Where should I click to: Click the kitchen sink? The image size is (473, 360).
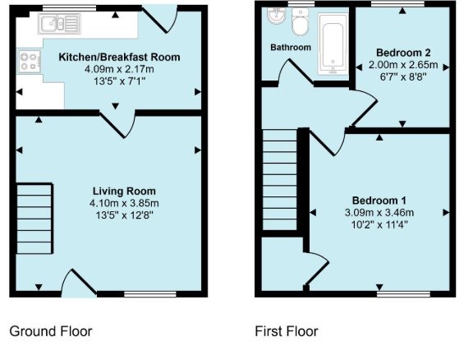click(x=59, y=24)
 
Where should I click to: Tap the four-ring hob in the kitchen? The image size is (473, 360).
click(x=30, y=62)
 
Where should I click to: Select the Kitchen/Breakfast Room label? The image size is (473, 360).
click(x=119, y=57)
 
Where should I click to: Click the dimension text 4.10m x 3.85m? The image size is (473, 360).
click(x=124, y=203)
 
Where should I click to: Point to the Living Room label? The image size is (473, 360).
click(x=124, y=192)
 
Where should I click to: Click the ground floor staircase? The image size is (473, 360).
click(x=34, y=219)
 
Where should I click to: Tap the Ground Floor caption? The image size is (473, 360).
click(x=51, y=331)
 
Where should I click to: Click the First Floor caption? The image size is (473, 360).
click(x=287, y=331)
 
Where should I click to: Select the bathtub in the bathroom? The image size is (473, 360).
click(x=333, y=44)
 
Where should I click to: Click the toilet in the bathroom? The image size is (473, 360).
click(x=301, y=21)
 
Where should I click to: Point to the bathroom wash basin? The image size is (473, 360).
click(x=276, y=15)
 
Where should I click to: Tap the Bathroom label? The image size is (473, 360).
click(x=291, y=48)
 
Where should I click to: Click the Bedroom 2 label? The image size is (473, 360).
click(x=403, y=53)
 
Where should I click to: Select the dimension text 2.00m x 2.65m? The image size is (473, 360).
click(x=403, y=65)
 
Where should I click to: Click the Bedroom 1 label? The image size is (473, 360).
click(x=379, y=201)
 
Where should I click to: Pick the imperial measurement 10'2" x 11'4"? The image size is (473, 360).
click(x=379, y=224)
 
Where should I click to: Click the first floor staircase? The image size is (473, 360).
click(x=280, y=180)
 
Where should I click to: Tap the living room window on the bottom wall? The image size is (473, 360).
click(x=150, y=294)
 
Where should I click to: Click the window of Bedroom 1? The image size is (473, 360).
click(x=404, y=294)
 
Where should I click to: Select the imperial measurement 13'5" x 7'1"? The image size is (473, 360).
click(x=119, y=81)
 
